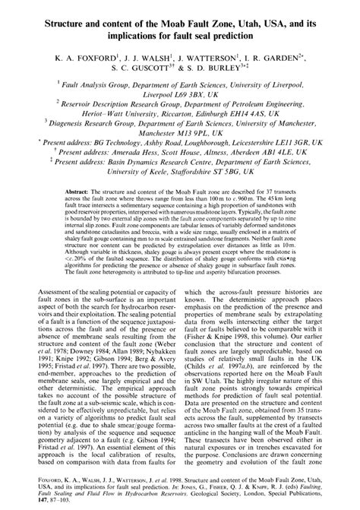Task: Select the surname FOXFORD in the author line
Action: (94, 56)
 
